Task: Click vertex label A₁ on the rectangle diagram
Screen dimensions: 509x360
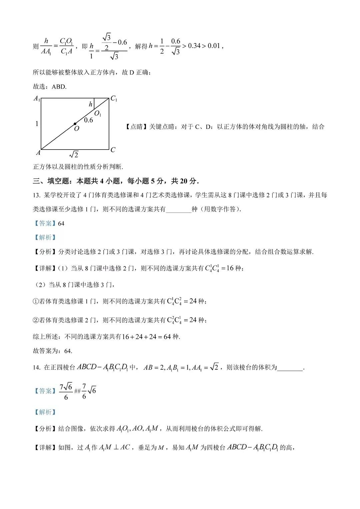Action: point(37,99)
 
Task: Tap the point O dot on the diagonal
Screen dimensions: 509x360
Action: point(75,124)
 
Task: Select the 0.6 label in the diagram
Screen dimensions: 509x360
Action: point(88,120)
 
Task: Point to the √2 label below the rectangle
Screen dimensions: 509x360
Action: point(74,155)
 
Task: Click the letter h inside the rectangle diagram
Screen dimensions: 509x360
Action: point(90,105)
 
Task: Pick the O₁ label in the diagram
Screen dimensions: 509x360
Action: point(98,114)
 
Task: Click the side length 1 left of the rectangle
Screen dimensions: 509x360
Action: point(37,124)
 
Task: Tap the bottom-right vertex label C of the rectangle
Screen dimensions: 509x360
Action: point(113,150)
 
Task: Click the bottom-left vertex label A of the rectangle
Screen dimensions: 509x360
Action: point(38,153)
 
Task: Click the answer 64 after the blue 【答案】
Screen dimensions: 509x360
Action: point(61,224)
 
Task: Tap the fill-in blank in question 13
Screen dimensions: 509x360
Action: point(179,210)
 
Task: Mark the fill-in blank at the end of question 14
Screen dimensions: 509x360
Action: point(290,368)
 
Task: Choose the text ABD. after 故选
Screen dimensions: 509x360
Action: point(59,87)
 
